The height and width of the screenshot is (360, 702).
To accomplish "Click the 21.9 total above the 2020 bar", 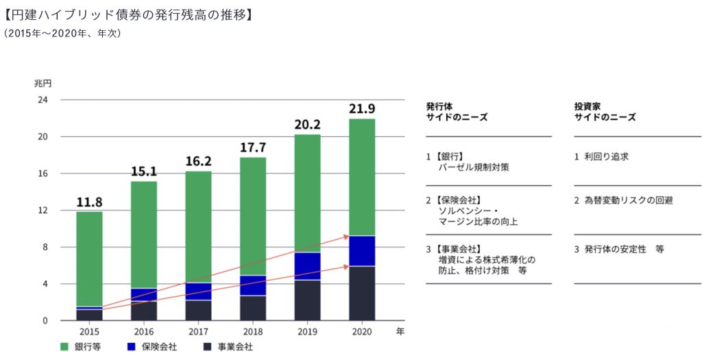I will tap(361, 108).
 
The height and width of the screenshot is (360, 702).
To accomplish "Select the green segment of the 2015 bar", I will tap(89, 259).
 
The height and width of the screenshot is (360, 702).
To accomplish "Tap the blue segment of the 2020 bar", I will tap(361, 251).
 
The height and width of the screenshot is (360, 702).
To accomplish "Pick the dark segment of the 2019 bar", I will tap(307, 300).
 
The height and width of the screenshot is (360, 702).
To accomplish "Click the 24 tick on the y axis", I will tap(43, 100).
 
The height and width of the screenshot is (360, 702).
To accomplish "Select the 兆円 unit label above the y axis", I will tap(43, 84).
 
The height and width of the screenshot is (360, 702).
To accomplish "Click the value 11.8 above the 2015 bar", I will tap(89, 202).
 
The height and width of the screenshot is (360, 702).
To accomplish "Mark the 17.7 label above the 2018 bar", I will tap(252, 147).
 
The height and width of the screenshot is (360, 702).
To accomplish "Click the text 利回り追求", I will tap(606, 157).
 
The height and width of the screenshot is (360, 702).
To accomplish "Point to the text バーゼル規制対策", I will tap(474, 167).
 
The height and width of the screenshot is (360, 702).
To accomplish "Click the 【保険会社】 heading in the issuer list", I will tap(455, 201).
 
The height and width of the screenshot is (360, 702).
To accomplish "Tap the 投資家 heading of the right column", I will tap(588, 106).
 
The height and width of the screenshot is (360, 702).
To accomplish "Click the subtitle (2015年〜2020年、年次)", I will tap(62, 33).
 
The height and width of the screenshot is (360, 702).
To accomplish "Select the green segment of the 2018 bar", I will tap(252, 216).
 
